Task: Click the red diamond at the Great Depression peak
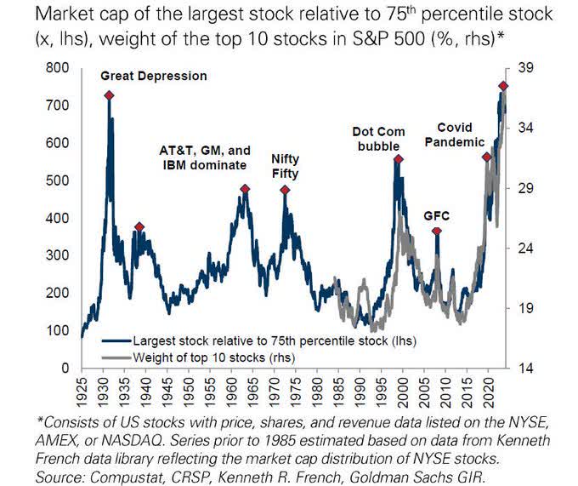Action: (x=109, y=95)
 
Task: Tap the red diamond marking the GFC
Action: (x=437, y=232)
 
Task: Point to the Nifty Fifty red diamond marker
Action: (x=285, y=190)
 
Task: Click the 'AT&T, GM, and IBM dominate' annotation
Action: (x=203, y=157)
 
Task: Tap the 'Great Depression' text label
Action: (x=154, y=76)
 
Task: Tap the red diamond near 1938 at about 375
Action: (x=139, y=227)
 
